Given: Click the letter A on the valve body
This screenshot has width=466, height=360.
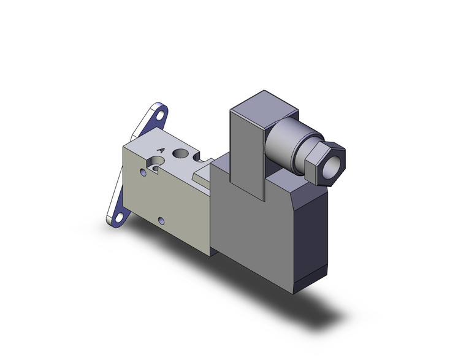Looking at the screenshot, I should point(161,149).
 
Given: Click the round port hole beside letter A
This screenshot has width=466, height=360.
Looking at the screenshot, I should point(182,153).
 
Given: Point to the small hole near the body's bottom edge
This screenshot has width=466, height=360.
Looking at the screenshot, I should point(161,220).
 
